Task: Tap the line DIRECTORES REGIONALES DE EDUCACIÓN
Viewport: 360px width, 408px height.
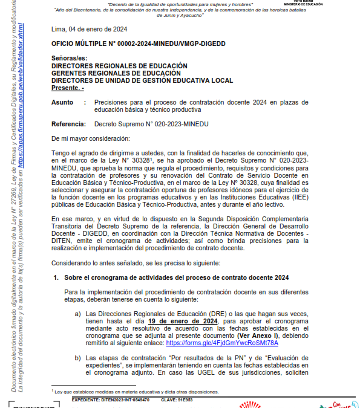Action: click(x=119, y=66)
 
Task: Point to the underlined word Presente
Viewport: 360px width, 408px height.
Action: click(x=67, y=88)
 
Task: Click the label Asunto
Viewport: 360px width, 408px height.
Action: click(x=63, y=103)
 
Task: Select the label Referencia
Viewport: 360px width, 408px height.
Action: click(x=69, y=124)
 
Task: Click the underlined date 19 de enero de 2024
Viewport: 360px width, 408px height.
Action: click(x=183, y=321)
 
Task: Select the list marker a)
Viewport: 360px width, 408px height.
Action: click(x=78, y=314)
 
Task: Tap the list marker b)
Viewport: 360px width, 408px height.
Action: click(x=78, y=358)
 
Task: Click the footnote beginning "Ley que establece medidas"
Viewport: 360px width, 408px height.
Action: click(x=136, y=392)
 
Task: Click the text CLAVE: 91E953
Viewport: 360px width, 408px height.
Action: click(x=177, y=400)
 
